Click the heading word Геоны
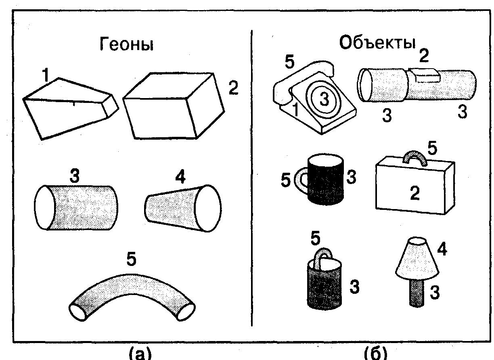[126, 45]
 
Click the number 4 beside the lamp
[442, 250]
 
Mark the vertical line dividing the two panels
[252, 178]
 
